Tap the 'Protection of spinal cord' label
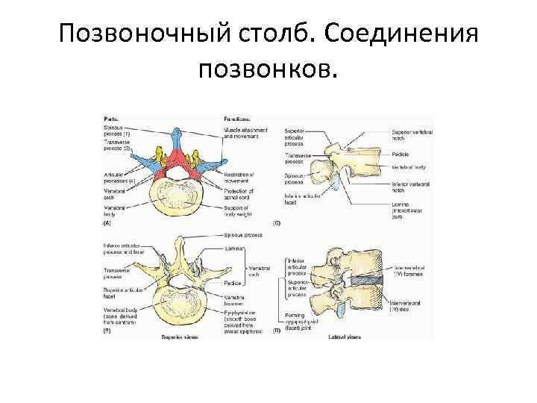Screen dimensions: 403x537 point(239,194)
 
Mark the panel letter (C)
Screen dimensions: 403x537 point(277,222)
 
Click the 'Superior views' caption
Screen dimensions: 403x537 point(178,337)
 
